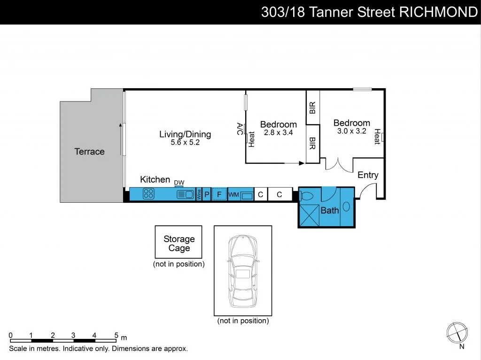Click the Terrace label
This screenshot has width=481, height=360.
pos(89,152)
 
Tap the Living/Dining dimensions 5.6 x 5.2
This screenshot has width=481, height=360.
pos(185,143)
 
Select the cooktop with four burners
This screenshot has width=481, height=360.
pos(149,194)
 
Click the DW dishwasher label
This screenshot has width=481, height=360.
pos(179,183)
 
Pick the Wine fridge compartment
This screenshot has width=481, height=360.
pos(199,194)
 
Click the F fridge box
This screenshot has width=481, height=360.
pos(218,194)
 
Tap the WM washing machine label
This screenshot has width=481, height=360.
pos(233,194)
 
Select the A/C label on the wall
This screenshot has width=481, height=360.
pos(240,129)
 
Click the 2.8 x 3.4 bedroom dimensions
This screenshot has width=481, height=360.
pos(278,133)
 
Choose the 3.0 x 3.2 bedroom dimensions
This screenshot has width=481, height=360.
pos(351,131)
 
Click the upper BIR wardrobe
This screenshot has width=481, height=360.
pos(313,107)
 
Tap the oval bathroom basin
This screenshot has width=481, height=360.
pos(347,207)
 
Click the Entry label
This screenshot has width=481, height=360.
pos(368,175)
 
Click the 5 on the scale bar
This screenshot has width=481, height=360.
pos(116,335)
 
